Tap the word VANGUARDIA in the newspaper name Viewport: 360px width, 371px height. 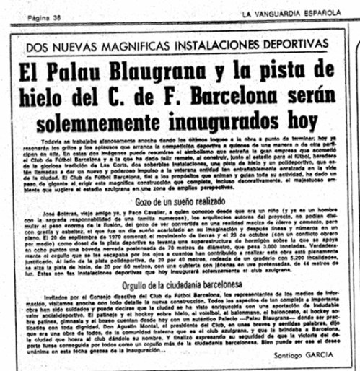[282, 13]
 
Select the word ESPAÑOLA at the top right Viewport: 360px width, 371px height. [328, 13]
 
